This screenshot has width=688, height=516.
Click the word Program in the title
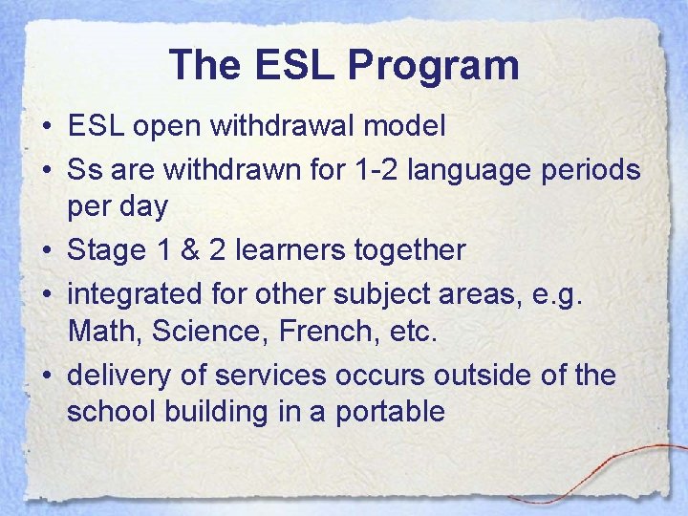click(x=434, y=66)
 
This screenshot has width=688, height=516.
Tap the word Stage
click(x=104, y=251)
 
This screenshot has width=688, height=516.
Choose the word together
click(x=409, y=251)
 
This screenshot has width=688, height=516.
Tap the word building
click(x=202, y=413)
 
